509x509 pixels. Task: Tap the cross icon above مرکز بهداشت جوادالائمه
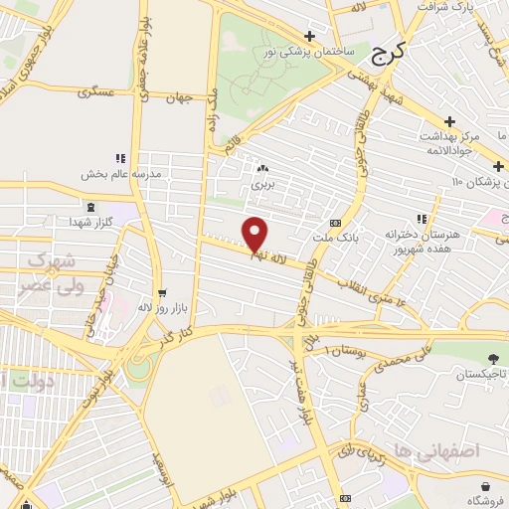click(449, 120)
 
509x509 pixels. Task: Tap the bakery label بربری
click(261, 184)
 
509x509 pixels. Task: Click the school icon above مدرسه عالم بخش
click(120, 158)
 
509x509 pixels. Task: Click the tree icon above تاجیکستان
click(491, 359)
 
